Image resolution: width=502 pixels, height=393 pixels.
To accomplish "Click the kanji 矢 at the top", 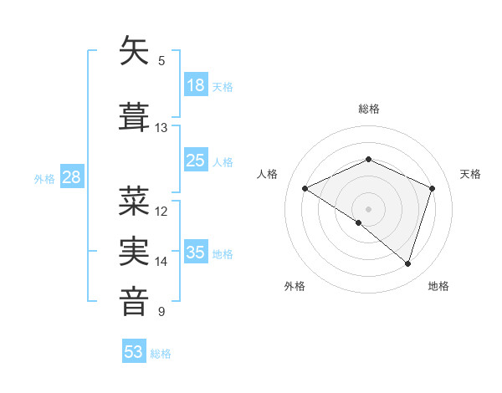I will pyautogui.click(x=134, y=51).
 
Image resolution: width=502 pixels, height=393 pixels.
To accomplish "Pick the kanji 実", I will pyautogui.click(x=134, y=250).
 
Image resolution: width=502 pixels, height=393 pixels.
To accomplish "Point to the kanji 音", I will pyautogui.click(x=134, y=300).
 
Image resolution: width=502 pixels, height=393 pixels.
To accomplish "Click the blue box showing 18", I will pyautogui.click(x=196, y=85).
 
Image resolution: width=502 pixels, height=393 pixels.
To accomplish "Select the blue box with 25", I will pyautogui.click(x=196, y=161).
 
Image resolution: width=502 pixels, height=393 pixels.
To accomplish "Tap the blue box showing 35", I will pyautogui.click(x=196, y=253).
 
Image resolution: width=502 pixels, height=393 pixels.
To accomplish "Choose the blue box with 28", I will pyautogui.click(x=71, y=177).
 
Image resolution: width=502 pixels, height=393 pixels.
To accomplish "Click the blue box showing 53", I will pyautogui.click(x=134, y=352).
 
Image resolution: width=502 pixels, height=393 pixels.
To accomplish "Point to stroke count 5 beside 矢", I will pyautogui.click(x=161, y=61).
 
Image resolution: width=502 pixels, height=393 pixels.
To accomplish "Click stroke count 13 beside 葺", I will pyautogui.click(x=161, y=128).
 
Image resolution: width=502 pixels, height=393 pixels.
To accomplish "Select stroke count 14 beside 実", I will pyautogui.click(x=161, y=262).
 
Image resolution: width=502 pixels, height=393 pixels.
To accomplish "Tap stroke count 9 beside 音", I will pyautogui.click(x=161, y=313).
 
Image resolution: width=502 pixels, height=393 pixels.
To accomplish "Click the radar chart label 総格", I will pyautogui.click(x=368, y=109).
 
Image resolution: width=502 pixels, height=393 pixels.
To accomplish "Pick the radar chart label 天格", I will pyautogui.click(x=471, y=174).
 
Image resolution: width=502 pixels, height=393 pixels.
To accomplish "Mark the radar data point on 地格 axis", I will pyautogui.click(x=407, y=264).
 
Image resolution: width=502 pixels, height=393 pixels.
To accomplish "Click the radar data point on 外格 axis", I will pyautogui.click(x=359, y=222).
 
